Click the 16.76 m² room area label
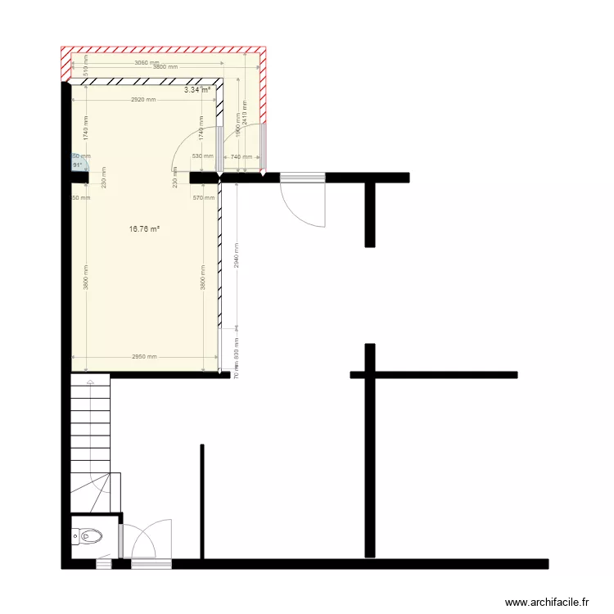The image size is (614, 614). tap(144, 229)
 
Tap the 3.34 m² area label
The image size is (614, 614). tap(197, 90)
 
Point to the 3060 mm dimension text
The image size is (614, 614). tap(147, 62)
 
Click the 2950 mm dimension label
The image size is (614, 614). tap(144, 356)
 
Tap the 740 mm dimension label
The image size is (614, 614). tap(241, 156)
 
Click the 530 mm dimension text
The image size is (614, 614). tap(202, 156)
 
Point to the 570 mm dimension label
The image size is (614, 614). tap(202, 197)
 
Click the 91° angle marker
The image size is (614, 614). tap(78, 165)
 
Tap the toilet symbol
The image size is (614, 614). tap(88, 537)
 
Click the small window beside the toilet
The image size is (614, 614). tap(104, 565)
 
